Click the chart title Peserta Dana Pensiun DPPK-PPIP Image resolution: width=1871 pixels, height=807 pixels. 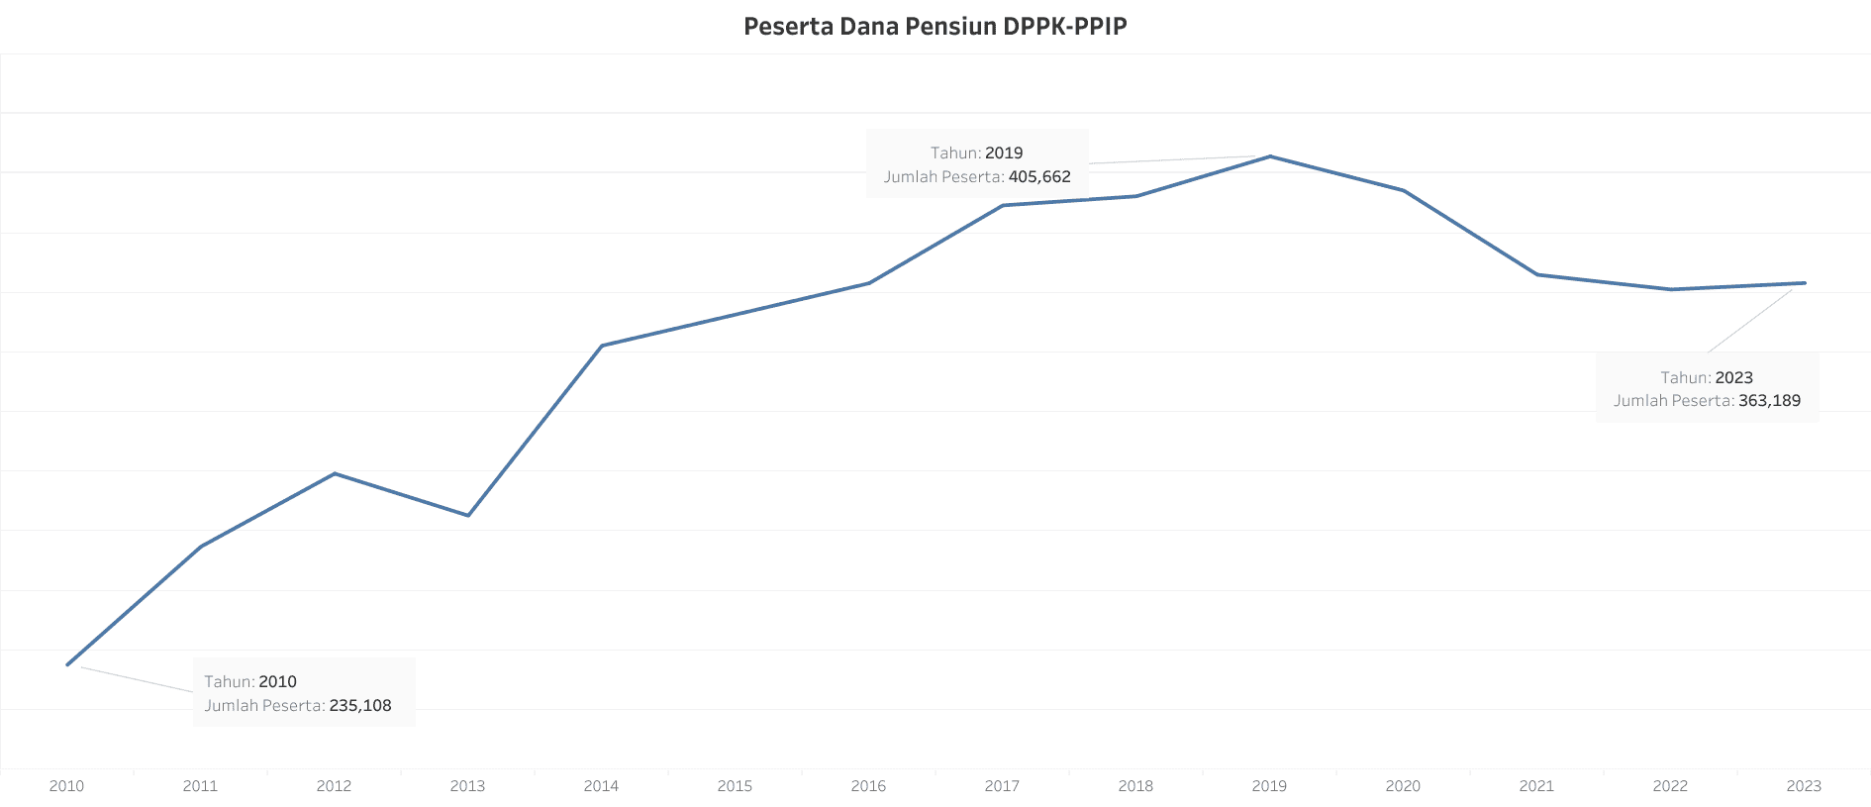click(x=935, y=26)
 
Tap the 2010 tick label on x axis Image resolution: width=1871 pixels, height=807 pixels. click(x=66, y=785)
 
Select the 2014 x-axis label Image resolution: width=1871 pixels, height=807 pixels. click(x=601, y=785)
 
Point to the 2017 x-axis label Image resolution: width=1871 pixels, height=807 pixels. click(x=1002, y=785)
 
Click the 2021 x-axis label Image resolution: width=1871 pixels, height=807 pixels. click(x=1536, y=785)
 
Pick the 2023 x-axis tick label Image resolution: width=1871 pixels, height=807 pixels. click(x=1804, y=785)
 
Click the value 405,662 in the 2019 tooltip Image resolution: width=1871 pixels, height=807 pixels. click(x=1039, y=177)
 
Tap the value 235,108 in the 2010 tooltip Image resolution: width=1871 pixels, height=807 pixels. click(x=360, y=706)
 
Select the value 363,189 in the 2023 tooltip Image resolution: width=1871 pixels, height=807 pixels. click(x=1769, y=401)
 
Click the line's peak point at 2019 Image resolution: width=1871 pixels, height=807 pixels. click(x=1270, y=156)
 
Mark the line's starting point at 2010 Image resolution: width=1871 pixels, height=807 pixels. click(x=67, y=664)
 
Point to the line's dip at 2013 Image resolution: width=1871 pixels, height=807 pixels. click(x=468, y=515)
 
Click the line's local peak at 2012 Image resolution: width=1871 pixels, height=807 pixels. click(x=335, y=473)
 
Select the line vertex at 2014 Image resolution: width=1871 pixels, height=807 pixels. click(x=602, y=346)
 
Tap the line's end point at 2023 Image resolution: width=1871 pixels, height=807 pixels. click(x=1804, y=283)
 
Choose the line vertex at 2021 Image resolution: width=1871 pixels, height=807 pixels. click(x=1536, y=274)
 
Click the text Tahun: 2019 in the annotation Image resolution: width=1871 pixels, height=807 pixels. click(x=976, y=153)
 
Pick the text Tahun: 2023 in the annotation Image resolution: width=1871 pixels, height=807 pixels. click(x=1706, y=378)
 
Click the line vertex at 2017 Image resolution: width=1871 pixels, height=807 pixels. click(x=1003, y=205)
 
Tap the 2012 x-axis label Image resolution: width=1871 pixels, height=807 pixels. click(x=334, y=785)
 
